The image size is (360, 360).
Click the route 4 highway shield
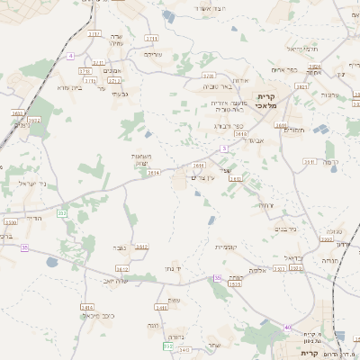click(x=69, y=56)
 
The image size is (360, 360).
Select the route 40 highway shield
click(x=287, y=327)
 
